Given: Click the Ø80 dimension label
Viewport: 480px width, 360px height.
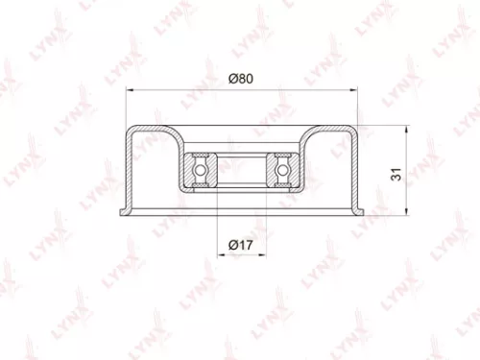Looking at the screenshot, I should pyautogui.click(x=239, y=79).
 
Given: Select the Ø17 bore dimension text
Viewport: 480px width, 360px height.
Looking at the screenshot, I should pyautogui.click(x=239, y=248).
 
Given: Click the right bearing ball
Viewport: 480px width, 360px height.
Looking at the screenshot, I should pyautogui.click(x=282, y=168).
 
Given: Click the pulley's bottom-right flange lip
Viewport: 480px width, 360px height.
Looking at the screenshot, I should pyautogui.click(x=360, y=210).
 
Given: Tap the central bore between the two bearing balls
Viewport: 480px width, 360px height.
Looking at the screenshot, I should pyautogui.click(x=240, y=168).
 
